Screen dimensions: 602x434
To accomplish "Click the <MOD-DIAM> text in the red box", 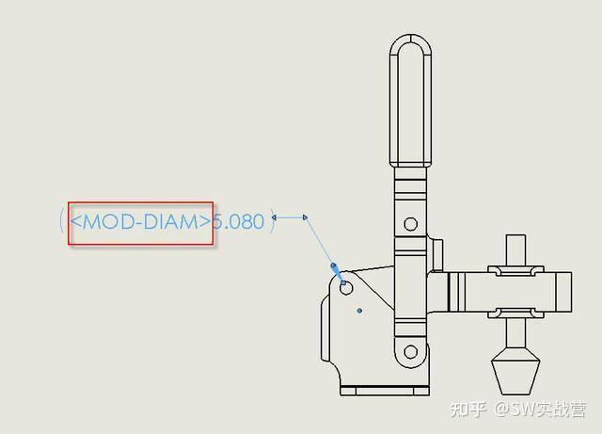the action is (140, 222).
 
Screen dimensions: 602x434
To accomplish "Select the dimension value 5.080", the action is (239, 222).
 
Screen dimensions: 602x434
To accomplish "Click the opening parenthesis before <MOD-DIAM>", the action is (62, 222).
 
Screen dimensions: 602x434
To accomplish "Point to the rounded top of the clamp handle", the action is (410, 42).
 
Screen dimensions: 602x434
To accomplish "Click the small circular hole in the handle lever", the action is (410, 224).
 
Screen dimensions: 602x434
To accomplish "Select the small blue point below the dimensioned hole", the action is (360, 309).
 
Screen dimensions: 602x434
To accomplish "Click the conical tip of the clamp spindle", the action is (515, 374).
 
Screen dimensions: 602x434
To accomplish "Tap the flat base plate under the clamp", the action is (383, 389).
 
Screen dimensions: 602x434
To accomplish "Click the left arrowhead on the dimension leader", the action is (274, 217).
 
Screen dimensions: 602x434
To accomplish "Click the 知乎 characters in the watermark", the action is (468, 410).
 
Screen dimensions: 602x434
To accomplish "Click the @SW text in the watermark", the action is (516, 410).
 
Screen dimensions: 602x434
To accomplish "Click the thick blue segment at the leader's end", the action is (335, 269).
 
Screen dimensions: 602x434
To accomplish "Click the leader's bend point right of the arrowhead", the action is (306, 217).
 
